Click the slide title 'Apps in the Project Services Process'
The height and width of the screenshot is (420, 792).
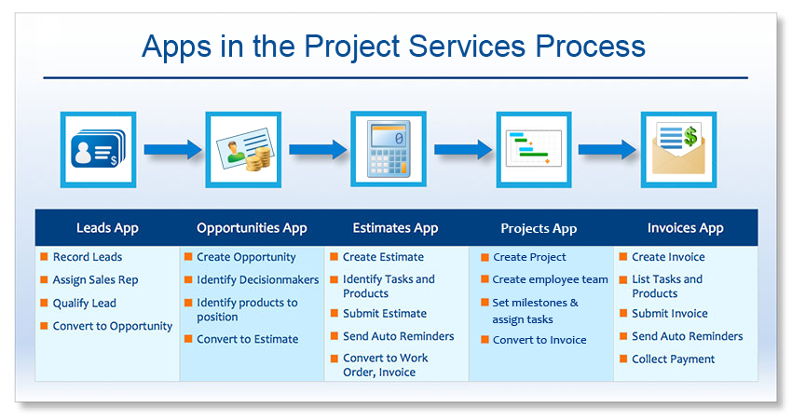pyautogui.click(x=393, y=47)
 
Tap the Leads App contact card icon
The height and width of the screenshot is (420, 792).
pyautogui.click(x=98, y=149)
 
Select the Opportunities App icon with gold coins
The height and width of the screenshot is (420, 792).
pyautogui.click(x=243, y=149)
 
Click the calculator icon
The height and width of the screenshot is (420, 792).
pyautogui.click(x=389, y=149)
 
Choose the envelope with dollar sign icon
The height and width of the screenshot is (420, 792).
pyautogui.click(x=678, y=149)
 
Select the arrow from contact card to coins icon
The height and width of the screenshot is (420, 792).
pyautogui.click(x=171, y=149)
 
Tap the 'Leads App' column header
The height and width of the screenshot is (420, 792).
pyautogui.click(x=107, y=227)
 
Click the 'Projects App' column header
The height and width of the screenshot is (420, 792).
pyautogui.click(x=539, y=228)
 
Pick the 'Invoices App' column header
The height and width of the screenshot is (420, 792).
pyautogui.click(x=685, y=227)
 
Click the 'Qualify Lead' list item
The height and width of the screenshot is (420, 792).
pyautogui.click(x=85, y=303)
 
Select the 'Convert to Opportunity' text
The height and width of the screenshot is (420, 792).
pyautogui.click(x=113, y=326)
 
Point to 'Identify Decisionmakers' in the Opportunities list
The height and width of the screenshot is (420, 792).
pyautogui.click(x=257, y=279)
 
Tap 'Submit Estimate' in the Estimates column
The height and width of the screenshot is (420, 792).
pyautogui.click(x=385, y=314)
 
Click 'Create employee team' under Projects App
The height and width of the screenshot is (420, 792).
pyautogui.click(x=551, y=279)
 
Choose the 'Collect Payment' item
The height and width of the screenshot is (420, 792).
pyautogui.click(x=674, y=359)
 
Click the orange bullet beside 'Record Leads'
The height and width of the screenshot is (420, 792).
pyautogui.click(x=44, y=256)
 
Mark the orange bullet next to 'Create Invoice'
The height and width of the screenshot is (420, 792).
pyautogui.click(x=622, y=256)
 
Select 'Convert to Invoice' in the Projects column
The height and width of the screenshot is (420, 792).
pyautogui.click(x=539, y=340)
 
